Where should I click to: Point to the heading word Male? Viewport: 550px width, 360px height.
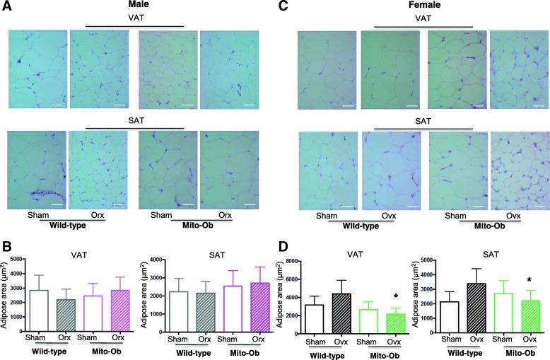click(x=134, y=6)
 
